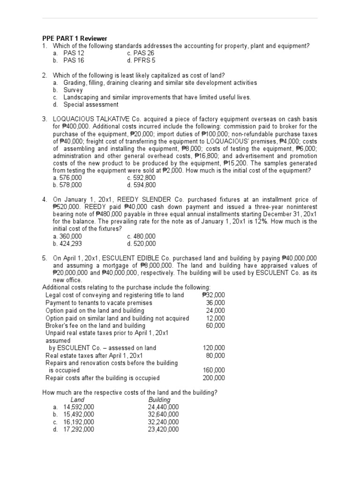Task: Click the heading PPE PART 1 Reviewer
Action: pyautogui.click(x=75, y=38)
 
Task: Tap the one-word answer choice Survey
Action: pyautogui.click(x=73, y=90)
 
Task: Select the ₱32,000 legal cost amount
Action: pyautogui.click(x=213, y=295)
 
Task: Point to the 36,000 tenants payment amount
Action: pyautogui.click(x=215, y=302)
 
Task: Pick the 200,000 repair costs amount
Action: pyautogui.click(x=214, y=377)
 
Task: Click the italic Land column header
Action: pyautogui.click(x=77, y=400)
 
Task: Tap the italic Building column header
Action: pyautogui.click(x=159, y=400)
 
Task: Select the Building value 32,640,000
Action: pyautogui.click(x=163, y=414)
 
